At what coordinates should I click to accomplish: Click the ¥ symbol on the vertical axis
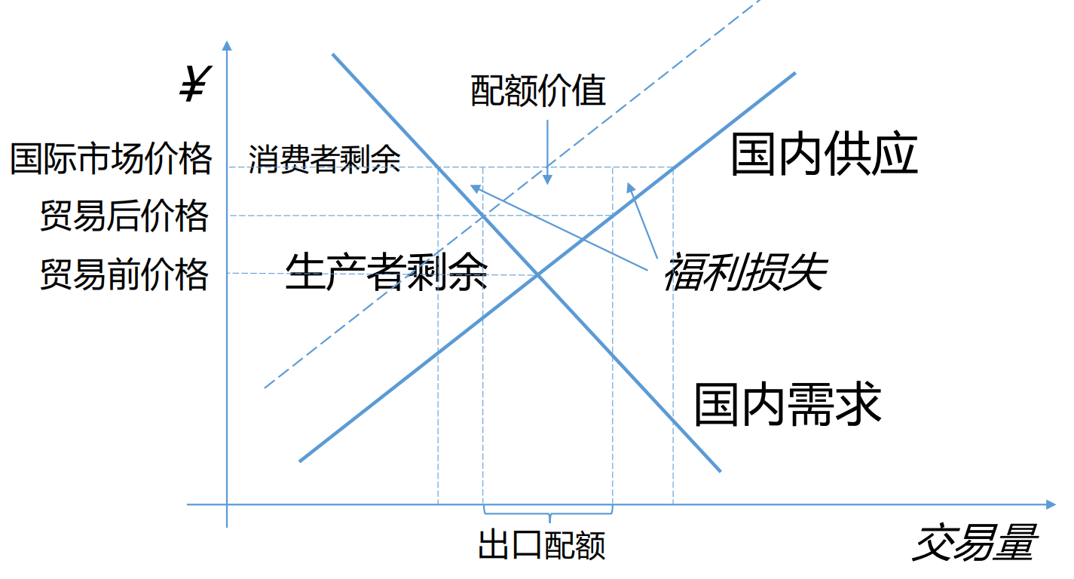[194, 84]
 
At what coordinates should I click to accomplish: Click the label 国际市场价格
[112, 158]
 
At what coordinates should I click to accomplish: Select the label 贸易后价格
[124, 216]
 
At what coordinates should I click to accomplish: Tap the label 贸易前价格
[124, 274]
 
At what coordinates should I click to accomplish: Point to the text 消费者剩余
[324, 159]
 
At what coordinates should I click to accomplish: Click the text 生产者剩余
[387, 272]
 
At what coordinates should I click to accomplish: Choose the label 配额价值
[538, 91]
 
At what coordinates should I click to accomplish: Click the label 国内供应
[825, 155]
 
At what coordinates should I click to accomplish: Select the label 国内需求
[788, 405]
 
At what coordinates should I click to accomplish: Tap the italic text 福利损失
[745, 272]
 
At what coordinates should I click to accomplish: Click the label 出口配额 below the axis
[542, 544]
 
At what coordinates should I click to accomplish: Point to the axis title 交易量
[975, 543]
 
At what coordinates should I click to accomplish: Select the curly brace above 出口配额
[548, 515]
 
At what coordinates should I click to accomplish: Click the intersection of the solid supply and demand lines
[538, 274]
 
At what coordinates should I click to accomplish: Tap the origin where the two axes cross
[227, 504]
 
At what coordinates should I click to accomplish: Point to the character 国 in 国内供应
[754, 155]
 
